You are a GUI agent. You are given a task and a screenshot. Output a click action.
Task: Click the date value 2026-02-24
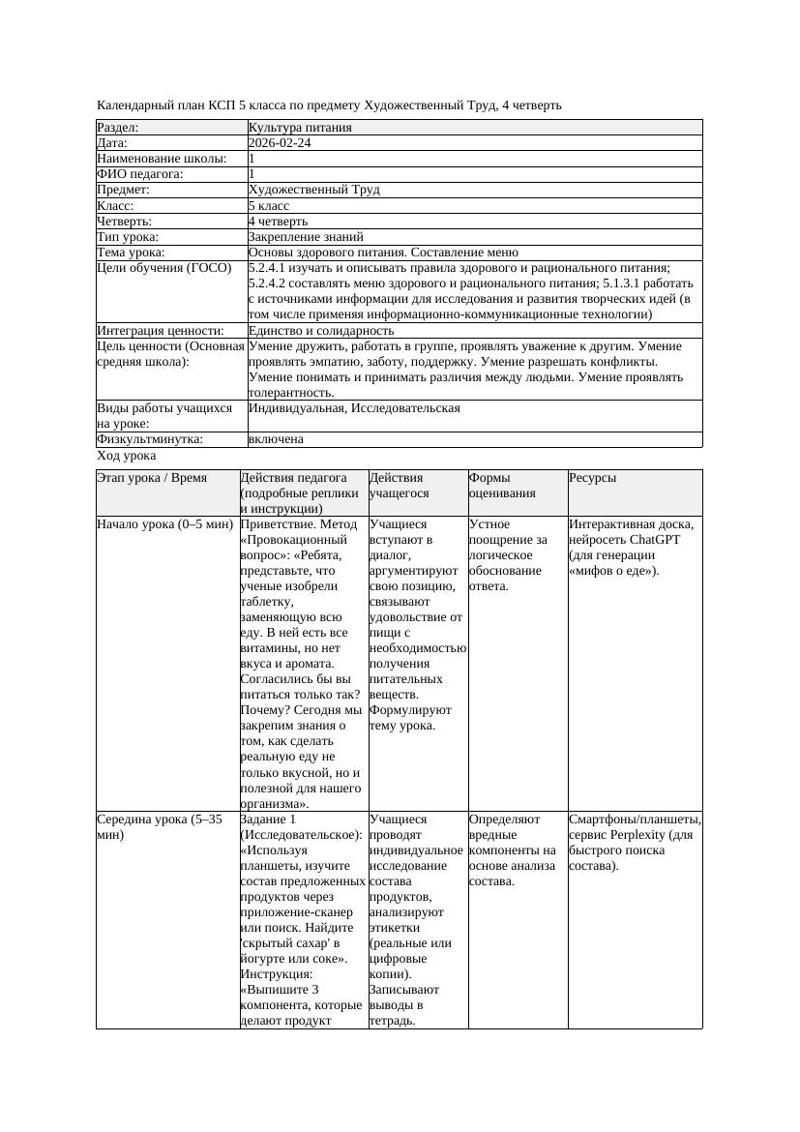tap(280, 143)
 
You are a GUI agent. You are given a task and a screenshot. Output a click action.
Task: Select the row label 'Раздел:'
tap(118, 128)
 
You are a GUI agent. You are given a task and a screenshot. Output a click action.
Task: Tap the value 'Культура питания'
tap(300, 128)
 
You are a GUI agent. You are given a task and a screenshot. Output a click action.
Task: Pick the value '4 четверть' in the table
tap(278, 222)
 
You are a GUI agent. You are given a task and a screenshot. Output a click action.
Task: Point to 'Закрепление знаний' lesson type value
tap(306, 237)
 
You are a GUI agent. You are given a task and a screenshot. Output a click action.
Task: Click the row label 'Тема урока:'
tap(131, 253)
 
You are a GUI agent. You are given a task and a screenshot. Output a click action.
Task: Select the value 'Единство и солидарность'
tap(321, 331)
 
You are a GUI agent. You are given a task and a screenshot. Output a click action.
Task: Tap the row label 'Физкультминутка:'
tap(150, 439)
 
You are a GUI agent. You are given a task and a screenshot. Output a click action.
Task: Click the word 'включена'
tap(276, 439)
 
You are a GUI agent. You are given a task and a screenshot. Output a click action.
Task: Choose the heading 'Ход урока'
tap(127, 456)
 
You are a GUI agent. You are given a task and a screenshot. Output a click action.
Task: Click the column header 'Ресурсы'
tap(592, 478)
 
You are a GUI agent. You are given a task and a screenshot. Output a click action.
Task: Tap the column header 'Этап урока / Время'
tap(152, 478)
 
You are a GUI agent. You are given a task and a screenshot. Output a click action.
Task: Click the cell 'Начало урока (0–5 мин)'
tap(165, 524)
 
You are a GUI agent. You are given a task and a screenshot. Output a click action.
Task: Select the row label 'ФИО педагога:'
tap(140, 174)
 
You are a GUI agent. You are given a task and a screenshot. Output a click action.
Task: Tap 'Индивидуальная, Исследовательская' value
tap(354, 408)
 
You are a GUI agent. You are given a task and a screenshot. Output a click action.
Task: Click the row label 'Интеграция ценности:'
tap(160, 331)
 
